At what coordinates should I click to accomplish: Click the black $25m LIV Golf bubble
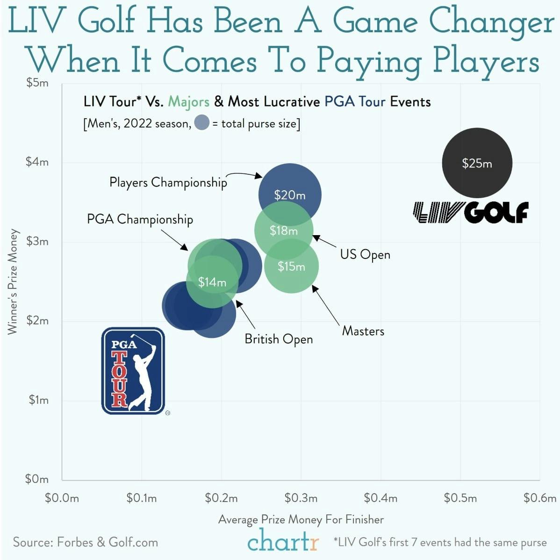(x=477, y=163)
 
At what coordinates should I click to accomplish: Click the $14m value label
(x=212, y=282)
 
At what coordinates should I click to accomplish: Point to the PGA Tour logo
(x=133, y=371)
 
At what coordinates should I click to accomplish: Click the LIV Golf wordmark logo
(x=471, y=212)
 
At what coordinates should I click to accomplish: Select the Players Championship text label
(x=168, y=182)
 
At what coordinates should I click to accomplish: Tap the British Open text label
(x=279, y=339)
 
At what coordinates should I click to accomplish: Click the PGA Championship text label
(x=140, y=219)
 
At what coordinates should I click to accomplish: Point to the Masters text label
(x=363, y=331)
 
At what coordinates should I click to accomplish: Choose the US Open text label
(x=365, y=255)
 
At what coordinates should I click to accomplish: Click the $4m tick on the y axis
(x=37, y=162)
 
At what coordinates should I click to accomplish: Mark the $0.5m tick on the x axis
(x=460, y=498)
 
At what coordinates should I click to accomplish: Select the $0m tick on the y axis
(x=37, y=479)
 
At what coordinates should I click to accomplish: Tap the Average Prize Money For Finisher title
(x=301, y=519)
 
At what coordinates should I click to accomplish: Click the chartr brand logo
(x=283, y=542)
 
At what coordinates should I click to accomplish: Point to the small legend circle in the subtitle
(x=201, y=123)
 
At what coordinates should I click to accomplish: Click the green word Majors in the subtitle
(x=188, y=101)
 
